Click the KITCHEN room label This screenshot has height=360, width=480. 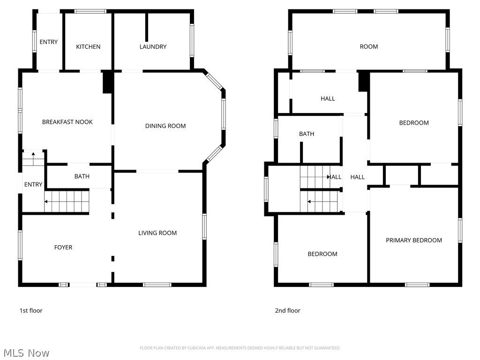point(88,47)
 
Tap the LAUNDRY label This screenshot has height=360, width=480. point(153,47)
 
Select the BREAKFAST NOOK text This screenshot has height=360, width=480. point(67,122)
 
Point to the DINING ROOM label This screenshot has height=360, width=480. point(165,126)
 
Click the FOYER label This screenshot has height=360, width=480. point(63,247)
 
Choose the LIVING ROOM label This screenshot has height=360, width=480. point(157,233)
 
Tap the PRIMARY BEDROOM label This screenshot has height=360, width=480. point(413,240)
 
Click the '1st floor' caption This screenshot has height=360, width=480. point(30,310)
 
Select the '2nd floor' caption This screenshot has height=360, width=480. point(287,310)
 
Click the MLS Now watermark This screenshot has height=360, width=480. point(26,352)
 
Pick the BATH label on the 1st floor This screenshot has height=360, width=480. point(82,176)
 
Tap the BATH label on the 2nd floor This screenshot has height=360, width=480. point(307,134)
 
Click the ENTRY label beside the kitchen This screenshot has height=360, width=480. point(49,42)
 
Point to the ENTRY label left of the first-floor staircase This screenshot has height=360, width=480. point(33,185)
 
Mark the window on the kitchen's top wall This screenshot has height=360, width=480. point(90,11)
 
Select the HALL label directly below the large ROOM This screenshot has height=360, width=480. point(328,98)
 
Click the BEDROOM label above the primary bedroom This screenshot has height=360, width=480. point(414,123)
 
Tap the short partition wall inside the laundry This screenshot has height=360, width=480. point(147,27)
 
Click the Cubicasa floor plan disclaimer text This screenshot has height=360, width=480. point(240,348)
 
